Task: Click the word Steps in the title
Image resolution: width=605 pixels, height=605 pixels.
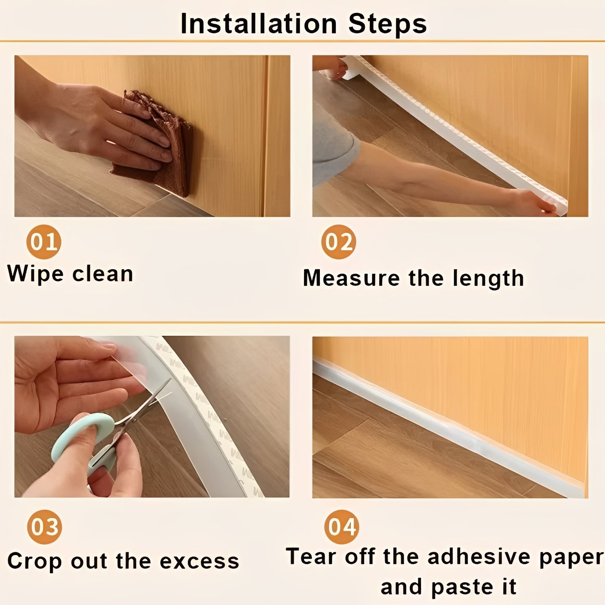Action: [x=387, y=24]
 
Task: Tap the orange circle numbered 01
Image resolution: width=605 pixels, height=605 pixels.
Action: [x=44, y=242]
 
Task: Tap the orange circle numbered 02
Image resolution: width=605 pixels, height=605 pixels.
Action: [x=339, y=242]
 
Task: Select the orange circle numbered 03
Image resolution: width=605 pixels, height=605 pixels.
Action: [x=44, y=527]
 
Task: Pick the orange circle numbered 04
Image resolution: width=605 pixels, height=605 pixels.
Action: [x=342, y=527]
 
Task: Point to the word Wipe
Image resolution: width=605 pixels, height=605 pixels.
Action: [x=35, y=274]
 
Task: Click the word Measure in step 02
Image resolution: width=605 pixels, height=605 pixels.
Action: [x=351, y=278]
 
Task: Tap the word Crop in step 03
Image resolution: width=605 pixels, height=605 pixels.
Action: [x=34, y=561]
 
